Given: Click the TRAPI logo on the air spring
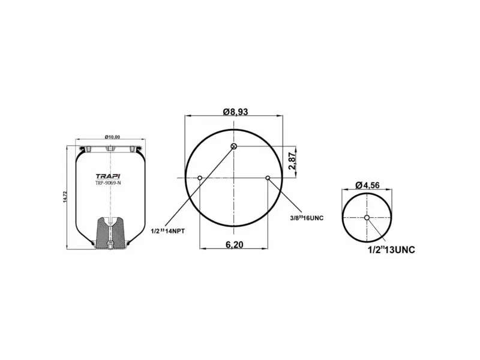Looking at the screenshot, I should coord(107,175).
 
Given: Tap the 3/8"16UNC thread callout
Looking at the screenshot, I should coord(306,218).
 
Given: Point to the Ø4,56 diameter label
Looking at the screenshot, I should coord(368,185).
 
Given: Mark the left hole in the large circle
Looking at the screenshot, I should coord(200,178).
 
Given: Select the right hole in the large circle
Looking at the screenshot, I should coord(268,178).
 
